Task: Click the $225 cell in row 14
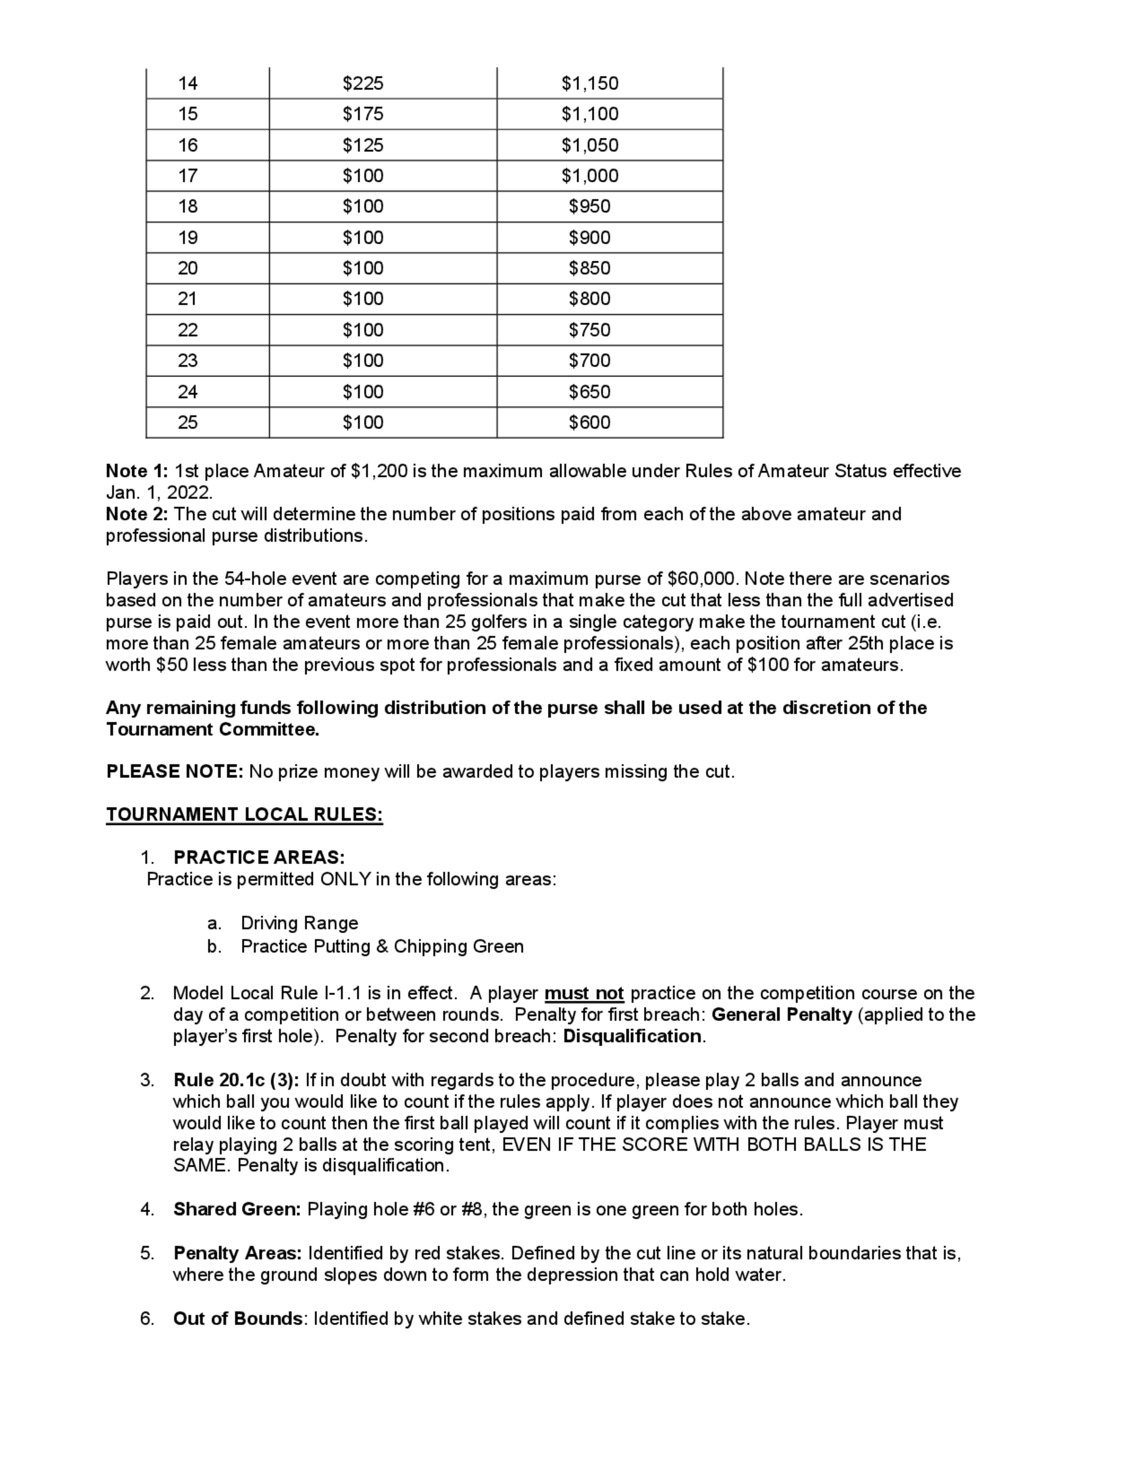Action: [363, 83]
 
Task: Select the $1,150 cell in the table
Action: [590, 83]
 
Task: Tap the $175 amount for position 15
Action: [363, 114]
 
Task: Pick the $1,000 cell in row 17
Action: [590, 176]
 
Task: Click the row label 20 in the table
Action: [188, 268]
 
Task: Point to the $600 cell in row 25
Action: [590, 422]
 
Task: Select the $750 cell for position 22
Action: [590, 330]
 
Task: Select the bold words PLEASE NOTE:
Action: [174, 771]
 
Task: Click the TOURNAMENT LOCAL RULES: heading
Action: [244, 814]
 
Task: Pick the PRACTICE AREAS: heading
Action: [259, 857]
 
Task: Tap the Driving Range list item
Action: [299, 923]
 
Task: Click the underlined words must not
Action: [583, 993]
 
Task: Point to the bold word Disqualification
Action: [632, 1036]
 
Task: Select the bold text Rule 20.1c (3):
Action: [236, 1080]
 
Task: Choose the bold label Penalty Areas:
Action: [237, 1253]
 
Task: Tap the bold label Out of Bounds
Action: [237, 1319]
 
